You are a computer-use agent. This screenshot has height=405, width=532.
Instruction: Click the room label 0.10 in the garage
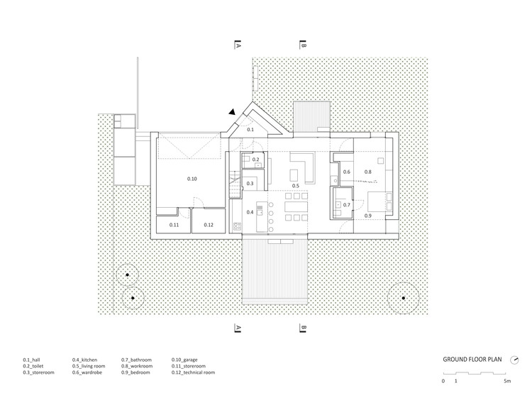192,179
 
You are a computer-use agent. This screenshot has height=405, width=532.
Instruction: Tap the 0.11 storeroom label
174,225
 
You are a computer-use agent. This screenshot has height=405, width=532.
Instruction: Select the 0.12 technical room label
209,225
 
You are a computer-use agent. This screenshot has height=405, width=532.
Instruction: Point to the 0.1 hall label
250,130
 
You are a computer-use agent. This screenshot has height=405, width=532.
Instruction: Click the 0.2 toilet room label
255,160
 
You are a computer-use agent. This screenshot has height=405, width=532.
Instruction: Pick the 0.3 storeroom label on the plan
250,184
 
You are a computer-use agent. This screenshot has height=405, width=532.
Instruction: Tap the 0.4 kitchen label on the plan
250,212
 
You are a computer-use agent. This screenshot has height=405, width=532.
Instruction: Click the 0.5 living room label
296,186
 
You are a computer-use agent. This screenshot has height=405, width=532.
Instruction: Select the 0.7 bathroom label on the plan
346,205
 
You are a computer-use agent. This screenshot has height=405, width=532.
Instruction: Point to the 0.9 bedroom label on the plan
367,216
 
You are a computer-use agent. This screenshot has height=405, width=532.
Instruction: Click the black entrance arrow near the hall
232,112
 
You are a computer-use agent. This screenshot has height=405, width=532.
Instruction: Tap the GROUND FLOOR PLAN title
472,360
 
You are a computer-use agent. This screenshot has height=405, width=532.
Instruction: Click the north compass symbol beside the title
514,360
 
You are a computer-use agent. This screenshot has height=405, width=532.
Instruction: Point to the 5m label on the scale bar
507,381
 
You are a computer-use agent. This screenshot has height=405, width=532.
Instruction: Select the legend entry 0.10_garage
184,360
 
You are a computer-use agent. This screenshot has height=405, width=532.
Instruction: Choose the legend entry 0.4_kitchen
84,360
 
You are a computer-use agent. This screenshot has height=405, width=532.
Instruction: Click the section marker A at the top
238,45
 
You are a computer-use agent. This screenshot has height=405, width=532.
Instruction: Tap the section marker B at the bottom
303,328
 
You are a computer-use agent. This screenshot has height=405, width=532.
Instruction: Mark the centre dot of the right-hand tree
404,298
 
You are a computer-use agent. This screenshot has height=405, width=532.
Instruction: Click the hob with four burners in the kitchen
237,226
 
